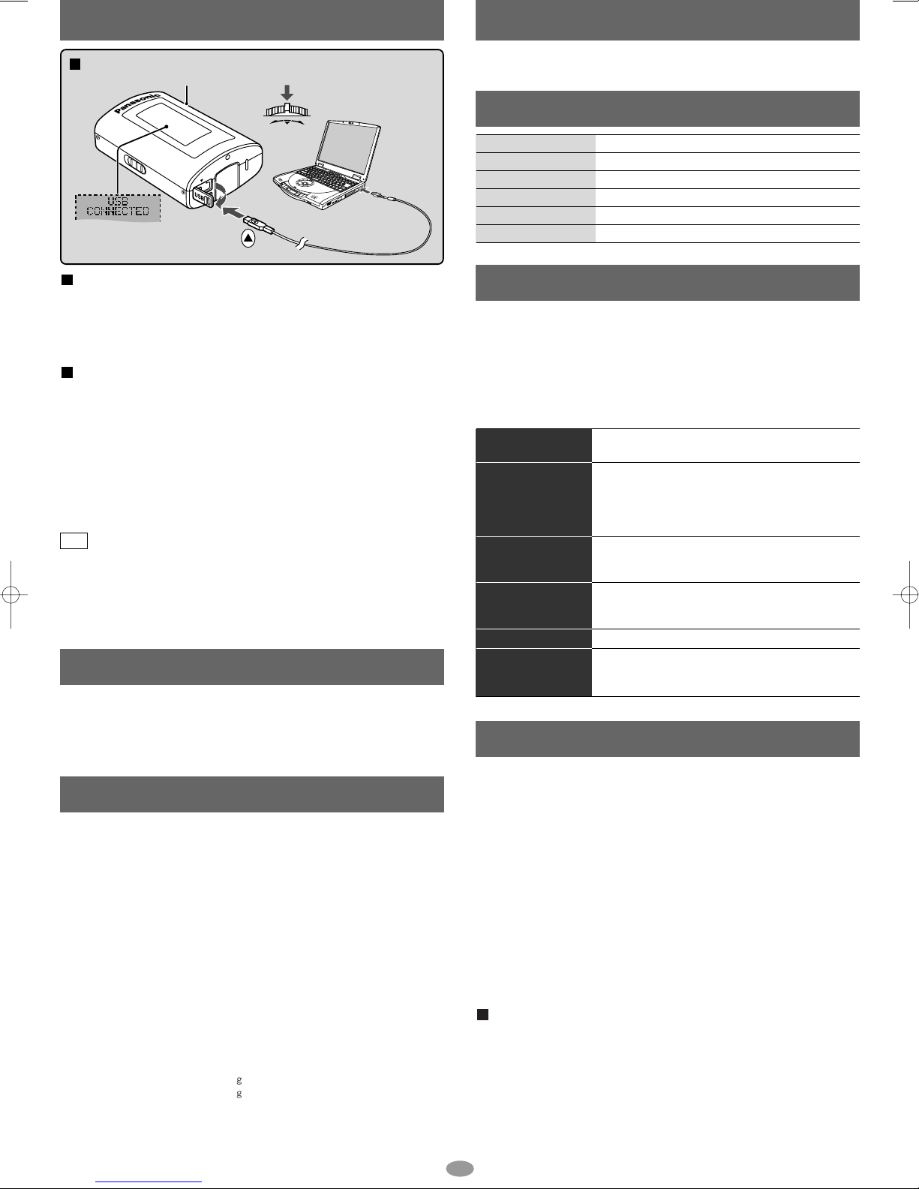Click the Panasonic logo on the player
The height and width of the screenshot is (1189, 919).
pos(138,103)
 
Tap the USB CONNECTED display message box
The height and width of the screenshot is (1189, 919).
pos(118,207)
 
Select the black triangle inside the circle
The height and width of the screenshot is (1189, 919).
pos(248,238)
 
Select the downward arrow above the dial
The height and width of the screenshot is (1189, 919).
pos(287,92)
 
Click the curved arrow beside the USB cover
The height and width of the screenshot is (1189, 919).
pos(222,195)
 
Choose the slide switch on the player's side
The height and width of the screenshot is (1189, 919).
pos(135,164)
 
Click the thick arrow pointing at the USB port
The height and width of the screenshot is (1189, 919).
pos(233,212)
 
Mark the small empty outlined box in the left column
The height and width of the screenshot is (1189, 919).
pos(74,541)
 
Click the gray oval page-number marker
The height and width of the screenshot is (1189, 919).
pos(460,1168)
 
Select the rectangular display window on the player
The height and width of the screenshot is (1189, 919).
pos(173,125)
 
